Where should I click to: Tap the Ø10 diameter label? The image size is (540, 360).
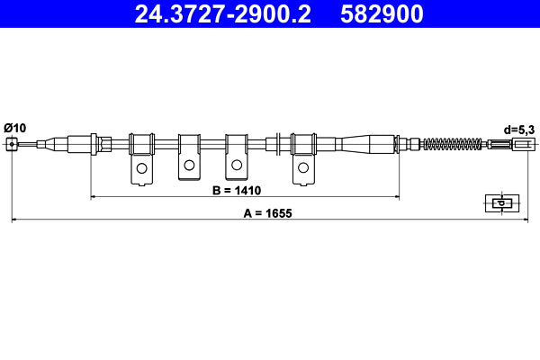[x=15, y=128]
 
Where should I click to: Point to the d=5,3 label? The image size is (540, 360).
[x=519, y=130]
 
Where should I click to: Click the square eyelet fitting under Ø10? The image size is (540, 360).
[x=11, y=144]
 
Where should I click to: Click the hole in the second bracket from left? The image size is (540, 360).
[x=189, y=166]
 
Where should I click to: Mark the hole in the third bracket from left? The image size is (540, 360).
[x=236, y=166]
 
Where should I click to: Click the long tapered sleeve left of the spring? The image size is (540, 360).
[x=367, y=143]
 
